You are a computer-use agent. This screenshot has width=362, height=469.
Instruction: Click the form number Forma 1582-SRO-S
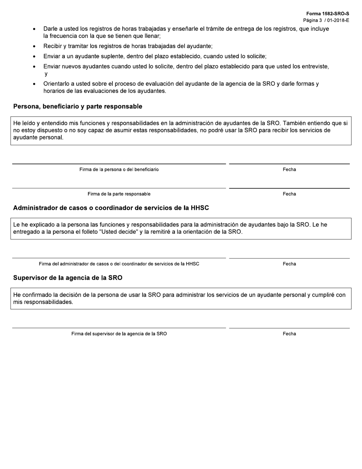tap(327, 13)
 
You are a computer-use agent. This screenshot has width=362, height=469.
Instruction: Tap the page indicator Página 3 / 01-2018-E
tap(326, 20)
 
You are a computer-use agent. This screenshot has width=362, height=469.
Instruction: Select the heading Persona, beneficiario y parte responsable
tap(78, 106)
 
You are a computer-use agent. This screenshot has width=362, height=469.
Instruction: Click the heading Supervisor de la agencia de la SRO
tap(68, 278)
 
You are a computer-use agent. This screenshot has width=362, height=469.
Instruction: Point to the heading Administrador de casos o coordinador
tap(111, 208)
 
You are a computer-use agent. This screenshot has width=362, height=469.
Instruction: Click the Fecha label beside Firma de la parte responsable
tap(289, 194)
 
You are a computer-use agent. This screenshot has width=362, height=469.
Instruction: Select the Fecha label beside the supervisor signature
tap(289, 334)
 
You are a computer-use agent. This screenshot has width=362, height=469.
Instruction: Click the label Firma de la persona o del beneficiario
tap(119, 170)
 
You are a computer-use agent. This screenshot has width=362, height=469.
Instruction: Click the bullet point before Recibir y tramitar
tap(35, 47)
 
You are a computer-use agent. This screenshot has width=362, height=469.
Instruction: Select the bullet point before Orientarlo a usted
tap(35, 84)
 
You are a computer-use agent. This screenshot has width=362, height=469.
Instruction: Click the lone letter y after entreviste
tap(46, 74)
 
